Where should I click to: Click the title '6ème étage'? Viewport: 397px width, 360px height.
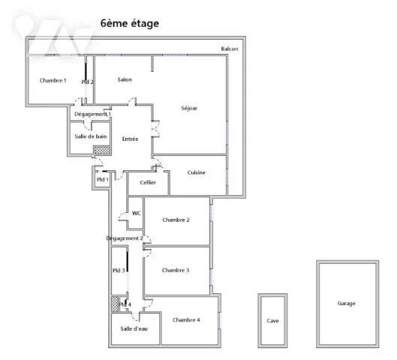(x=130, y=23)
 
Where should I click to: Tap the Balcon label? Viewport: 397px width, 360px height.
(x=230, y=49)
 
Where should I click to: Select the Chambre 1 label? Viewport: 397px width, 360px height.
(x=53, y=80)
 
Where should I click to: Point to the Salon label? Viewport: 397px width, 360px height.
(x=125, y=79)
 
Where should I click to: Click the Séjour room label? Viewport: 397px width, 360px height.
(x=189, y=108)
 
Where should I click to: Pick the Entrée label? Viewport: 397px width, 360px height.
(x=130, y=139)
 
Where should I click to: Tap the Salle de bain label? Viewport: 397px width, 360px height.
(x=91, y=136)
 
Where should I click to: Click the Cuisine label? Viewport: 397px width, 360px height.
(x=196, y=172)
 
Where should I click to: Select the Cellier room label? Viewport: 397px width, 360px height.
(x=148, y=182)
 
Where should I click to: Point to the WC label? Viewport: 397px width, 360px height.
(x=137, y=213)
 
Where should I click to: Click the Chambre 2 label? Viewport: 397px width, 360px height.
(x=176, y=220)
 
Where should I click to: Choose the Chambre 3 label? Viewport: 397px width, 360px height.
(x=176, y=270)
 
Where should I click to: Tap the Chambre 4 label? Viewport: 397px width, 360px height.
(x=186, y=320)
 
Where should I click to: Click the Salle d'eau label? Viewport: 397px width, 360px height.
(x=134, y=328)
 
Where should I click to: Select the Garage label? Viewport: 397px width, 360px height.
(x=347, y=303)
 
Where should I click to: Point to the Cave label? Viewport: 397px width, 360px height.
(x=272, y=321)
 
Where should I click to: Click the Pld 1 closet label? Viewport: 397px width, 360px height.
(x=103, y=179)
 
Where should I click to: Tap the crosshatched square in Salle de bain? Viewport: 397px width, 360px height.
(x=102, y=150)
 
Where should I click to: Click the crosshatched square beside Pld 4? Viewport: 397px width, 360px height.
(x=115, y=304)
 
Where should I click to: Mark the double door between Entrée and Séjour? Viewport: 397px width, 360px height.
(x=155, y=129)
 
